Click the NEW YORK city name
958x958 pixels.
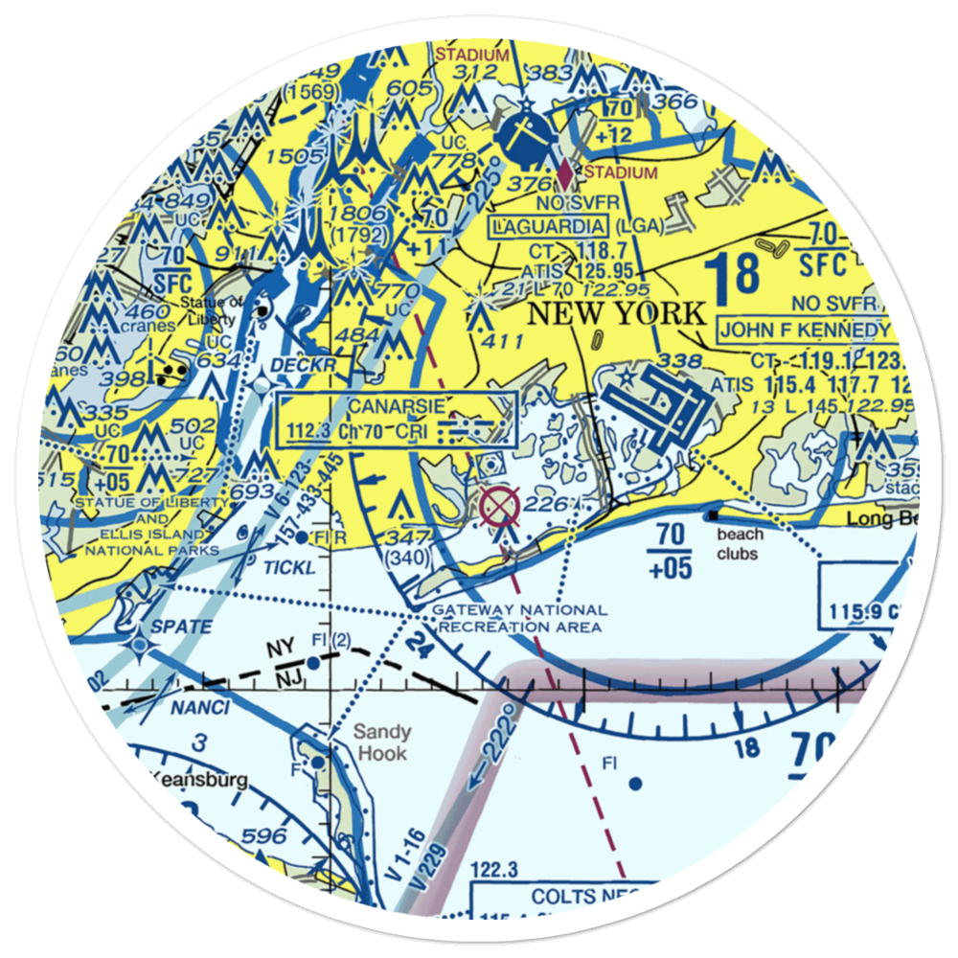[x=616, y=313]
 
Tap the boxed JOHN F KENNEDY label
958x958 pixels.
[x=805, y=331]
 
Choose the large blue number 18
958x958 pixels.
[x=735, y=276]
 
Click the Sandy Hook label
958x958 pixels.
[x=381, y=742]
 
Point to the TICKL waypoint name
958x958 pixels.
[x=288, y=568]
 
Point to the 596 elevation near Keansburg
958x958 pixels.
[x=263, y=835]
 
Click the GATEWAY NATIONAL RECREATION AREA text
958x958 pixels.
[x=520, y=618]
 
